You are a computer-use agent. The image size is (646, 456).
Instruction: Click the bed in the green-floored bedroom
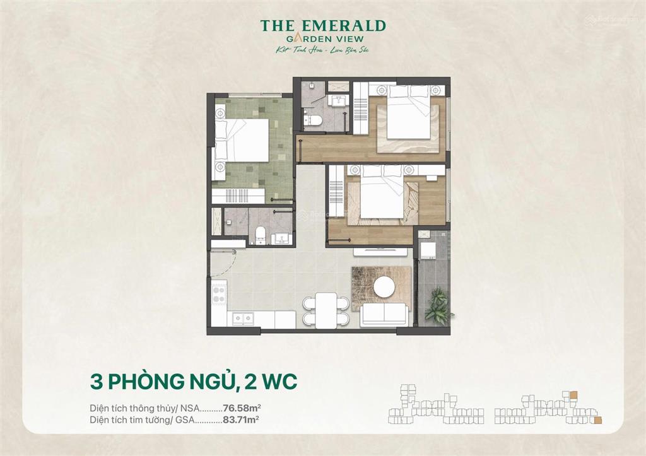coord(242,139)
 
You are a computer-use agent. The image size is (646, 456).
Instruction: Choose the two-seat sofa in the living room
coord(384,313)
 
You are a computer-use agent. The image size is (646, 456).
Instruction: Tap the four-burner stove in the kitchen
coord(219,293)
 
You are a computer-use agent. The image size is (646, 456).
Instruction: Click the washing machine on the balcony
coord(428,249)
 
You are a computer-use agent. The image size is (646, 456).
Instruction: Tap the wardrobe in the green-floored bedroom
coord(238,196)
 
